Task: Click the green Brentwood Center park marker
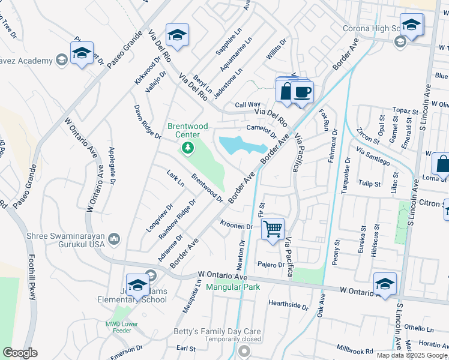[188, 148]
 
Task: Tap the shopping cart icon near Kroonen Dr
[273, 229]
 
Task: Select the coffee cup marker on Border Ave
[303, 92]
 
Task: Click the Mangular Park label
[233, 287]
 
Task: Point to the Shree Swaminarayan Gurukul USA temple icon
[114, 241]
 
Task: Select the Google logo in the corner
[20, 353]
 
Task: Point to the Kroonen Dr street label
[236, 226]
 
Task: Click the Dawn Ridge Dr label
[148, 122]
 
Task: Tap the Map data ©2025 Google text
[412, 355]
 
